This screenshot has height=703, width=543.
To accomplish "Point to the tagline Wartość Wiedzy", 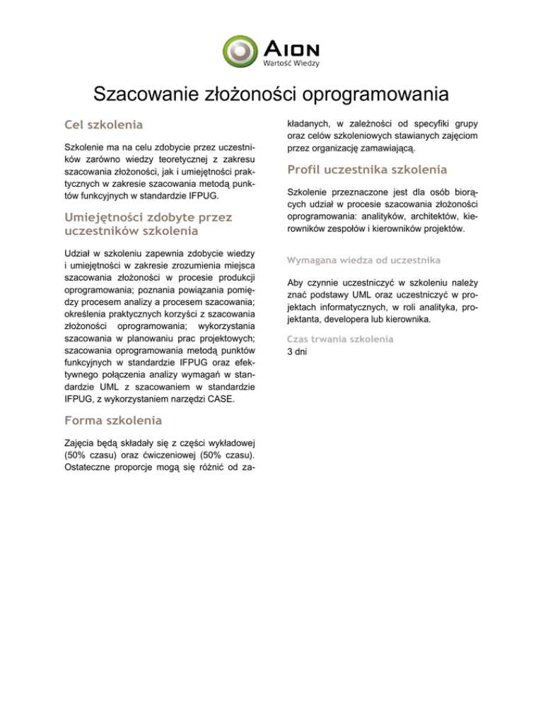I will point(292,63).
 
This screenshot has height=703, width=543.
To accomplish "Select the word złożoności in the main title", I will point(250,94).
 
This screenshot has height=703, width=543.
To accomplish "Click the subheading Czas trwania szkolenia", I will point(339,338).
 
